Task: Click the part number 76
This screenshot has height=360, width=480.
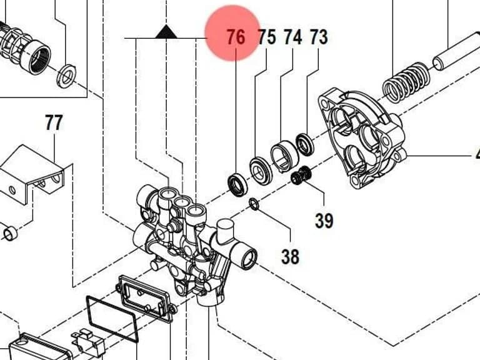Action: tap(236, 37)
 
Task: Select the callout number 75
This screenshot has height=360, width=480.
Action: tap(267, 37)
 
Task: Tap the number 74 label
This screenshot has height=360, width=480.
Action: tap(293, 37)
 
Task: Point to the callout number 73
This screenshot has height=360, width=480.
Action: tap(319, 37)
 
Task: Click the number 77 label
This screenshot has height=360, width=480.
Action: tap(54, 122)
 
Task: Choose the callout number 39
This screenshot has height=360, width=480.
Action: tap(324, 220)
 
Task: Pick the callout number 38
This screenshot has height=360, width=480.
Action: tap(290, 256)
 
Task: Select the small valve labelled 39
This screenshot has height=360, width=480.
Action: tap(301, 175)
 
